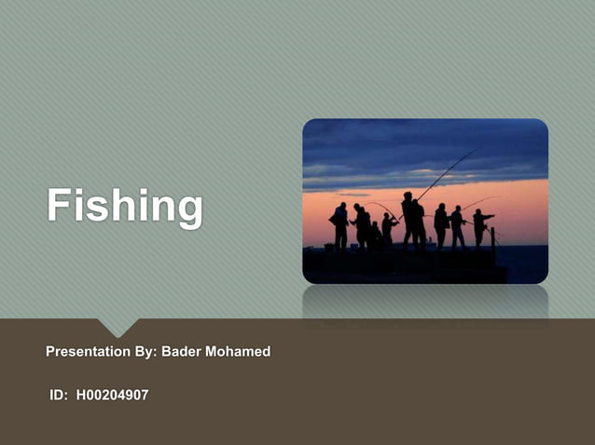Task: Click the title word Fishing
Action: pyautogui.click(x=125, y=207)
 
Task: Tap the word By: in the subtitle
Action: pyautogui.click(x=145, y=352)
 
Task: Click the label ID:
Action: pyautogui.click(x=59, y=396)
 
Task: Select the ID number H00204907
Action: pyautogui.click(x=112, y=396)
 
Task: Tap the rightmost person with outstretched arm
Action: pyautogui.click(x=481, y=226)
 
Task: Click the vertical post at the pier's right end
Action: pyautogui.click(x=492, y=238)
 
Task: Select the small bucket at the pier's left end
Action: pyautogui.click(x=328, y=247)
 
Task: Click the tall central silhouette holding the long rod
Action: pyautogui.click(x=408, y=220)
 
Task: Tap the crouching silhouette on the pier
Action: pyautogui.click(x=376, y=236)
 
